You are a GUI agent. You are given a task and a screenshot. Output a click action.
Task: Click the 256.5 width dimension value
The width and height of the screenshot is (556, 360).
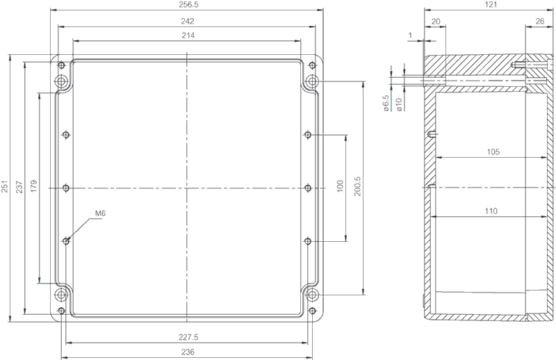(187, 5)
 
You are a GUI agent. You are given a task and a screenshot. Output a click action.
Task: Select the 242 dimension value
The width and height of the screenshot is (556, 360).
(188, 22)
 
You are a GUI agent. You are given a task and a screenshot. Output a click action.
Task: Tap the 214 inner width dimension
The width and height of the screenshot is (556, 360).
(188, 35)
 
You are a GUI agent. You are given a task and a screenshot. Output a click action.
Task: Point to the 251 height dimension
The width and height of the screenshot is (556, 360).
(5, 187)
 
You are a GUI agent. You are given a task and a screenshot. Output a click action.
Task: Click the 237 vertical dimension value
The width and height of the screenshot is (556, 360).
(19, 187)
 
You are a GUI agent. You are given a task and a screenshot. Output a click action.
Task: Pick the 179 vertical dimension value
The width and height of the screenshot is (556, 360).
(33, 186)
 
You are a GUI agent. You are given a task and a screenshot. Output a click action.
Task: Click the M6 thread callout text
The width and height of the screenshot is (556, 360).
(100, 213)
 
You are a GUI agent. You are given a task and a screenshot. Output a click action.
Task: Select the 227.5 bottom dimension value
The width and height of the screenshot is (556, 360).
(188, 337)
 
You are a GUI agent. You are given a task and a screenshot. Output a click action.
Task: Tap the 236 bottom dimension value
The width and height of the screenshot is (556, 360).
(188, 352)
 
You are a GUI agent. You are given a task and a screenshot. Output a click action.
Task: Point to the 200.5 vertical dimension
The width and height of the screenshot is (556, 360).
(357, 186)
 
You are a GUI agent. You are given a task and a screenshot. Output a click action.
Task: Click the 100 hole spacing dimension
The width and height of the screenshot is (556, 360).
(340, 186)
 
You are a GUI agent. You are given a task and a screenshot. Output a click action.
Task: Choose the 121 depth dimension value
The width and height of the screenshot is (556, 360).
(491, 5)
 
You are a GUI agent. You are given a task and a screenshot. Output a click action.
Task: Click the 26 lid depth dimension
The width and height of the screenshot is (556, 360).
(540, 22)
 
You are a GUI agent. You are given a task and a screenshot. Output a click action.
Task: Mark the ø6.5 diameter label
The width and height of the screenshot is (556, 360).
(386, 104)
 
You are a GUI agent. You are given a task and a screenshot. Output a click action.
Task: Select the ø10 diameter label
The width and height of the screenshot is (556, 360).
(398, 105)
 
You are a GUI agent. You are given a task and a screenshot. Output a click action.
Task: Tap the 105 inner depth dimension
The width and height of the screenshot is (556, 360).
(493, 152)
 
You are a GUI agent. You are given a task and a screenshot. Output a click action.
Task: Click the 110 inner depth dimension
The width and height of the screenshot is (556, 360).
(491, 211)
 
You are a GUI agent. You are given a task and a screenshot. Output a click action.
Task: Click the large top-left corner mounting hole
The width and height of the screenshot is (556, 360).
(62, 81)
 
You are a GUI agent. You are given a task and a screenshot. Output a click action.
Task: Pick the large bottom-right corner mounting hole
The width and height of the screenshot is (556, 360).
(312, 295)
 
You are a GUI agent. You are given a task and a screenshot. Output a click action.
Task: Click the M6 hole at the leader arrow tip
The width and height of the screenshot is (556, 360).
(66, 241)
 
